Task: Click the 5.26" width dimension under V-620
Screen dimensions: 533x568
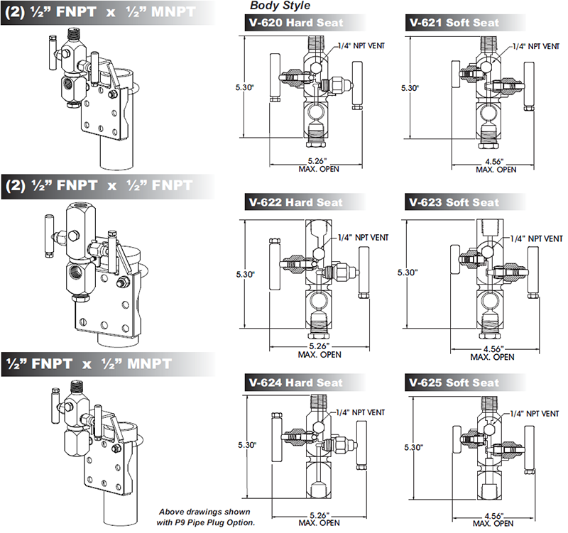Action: (x=317, y=161)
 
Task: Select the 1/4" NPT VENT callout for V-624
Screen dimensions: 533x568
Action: (x=361, y=412)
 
